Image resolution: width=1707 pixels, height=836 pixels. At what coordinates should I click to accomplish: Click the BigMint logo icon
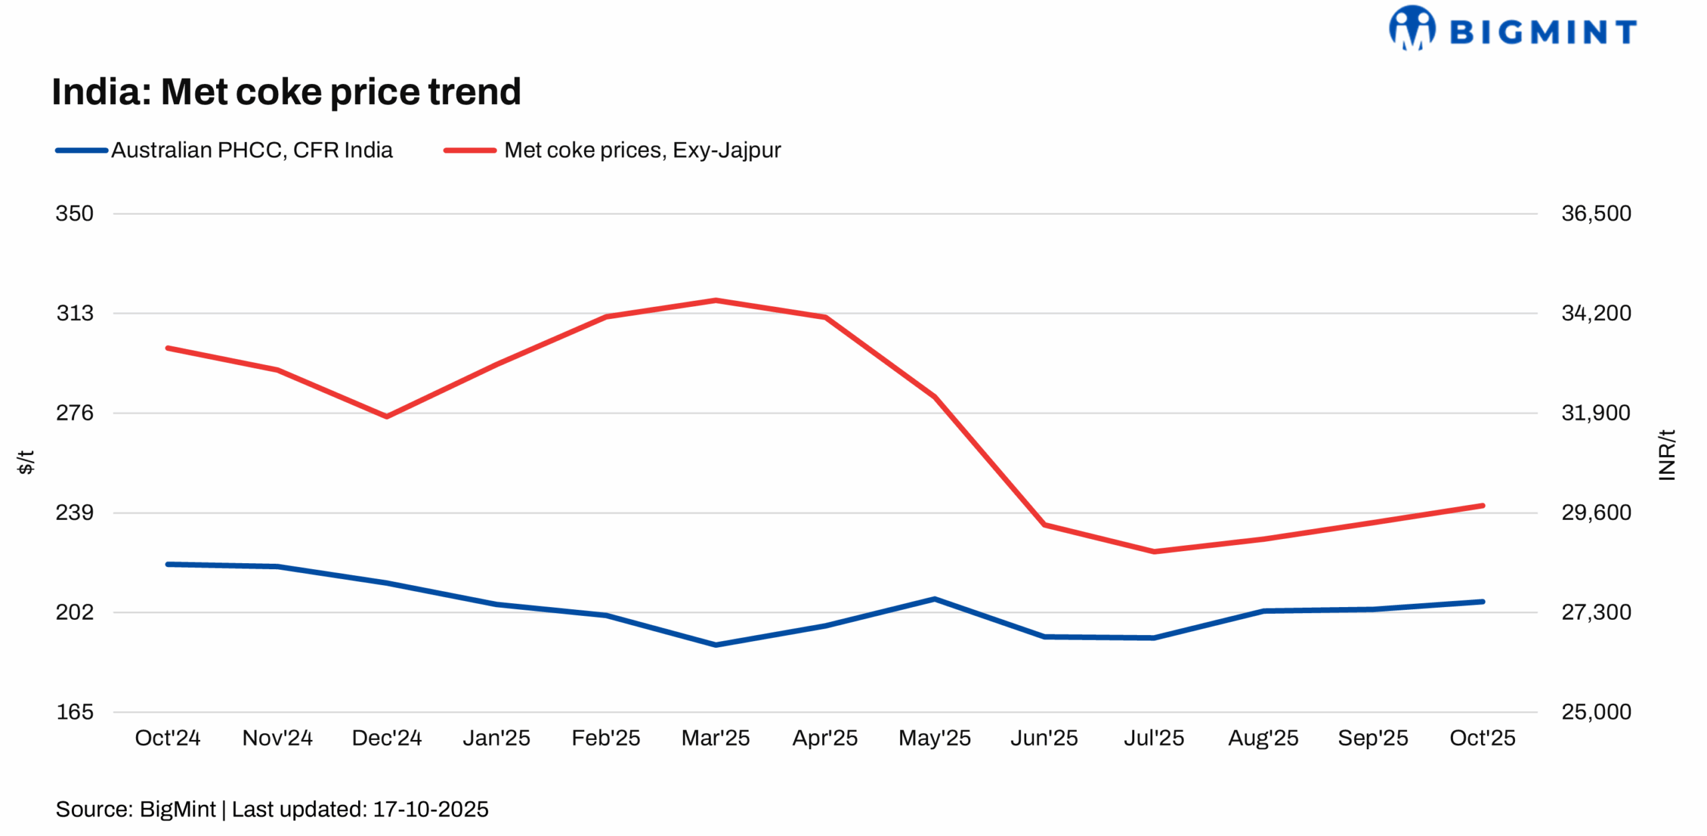(x=1412, y=28)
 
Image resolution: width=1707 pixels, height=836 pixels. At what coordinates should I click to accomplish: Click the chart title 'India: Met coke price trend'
(x=286, y=91)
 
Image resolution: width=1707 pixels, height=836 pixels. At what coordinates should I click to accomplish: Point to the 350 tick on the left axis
(x=74, y=214)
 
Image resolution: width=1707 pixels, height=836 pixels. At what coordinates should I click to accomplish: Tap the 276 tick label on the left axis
(x=74, y=413)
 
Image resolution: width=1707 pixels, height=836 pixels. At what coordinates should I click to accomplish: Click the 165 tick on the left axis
(x=74, y=712)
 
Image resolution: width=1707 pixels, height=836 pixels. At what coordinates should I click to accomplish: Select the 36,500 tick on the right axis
(x=1596, y=214)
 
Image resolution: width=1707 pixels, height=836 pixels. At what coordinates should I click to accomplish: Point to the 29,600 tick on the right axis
(x=1596, y=512)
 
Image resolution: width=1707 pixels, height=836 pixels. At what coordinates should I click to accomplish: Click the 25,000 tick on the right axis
(x=1596, y=712)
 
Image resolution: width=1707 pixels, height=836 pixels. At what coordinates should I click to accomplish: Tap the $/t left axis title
(x=25, y=462)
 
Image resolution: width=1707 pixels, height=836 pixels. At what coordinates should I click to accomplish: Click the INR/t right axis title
(x=1666, y=455)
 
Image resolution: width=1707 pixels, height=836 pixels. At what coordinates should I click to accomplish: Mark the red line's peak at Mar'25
(x=715, y=300)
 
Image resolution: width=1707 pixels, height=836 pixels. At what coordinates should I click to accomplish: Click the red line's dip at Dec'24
(x=387, y=416)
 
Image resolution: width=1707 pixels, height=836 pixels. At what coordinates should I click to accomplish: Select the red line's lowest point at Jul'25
(x=1154, y=552)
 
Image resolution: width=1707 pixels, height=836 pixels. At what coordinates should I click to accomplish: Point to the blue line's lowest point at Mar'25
(x=715, y=645)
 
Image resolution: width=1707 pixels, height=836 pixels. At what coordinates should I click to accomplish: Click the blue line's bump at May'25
(x=935, y=599)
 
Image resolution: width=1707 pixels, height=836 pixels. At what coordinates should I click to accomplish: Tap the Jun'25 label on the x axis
(x=1044, y=738)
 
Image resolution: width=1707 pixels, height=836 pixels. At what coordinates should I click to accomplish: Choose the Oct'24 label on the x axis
(x=167, y=738)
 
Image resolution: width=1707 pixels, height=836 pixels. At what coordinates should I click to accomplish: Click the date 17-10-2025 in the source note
(x=430, y=809)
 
